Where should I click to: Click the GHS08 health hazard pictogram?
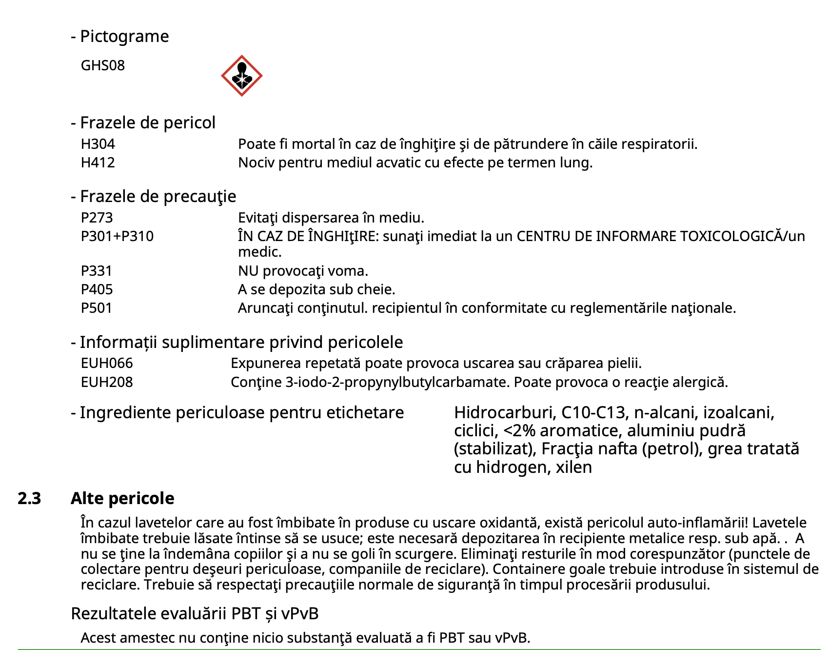pyautogui.click(x=241, y=76)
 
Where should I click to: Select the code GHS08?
pyautogui.click(x=103, y=65)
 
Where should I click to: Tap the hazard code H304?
pyautogui.click(x=98, y=144)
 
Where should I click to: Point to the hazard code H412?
pyautogui.click(x=98, y=162)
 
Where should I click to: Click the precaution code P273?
pyautogui.click(x=97, y=218)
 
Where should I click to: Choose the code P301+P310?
pyautogui.click(x=117, y=236)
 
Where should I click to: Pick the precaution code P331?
pyautogui.click(x=97, y=271)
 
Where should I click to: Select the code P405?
pyautogui.click(x=97, y=289)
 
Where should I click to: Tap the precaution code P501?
pyautogui.click(x=97, y=308)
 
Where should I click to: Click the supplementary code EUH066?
pyautogui.click(x=107, y=363)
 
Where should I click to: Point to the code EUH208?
pyautogui.click(x=107, y=382)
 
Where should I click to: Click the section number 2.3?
pyautogui.click(x=29, y=498)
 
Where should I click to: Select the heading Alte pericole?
pyautogui.click(x=122, y=498)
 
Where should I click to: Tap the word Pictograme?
pyautogui.click(x=124, y=36)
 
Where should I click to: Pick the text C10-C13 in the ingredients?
pyautogui.click(x=593, y=413)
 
